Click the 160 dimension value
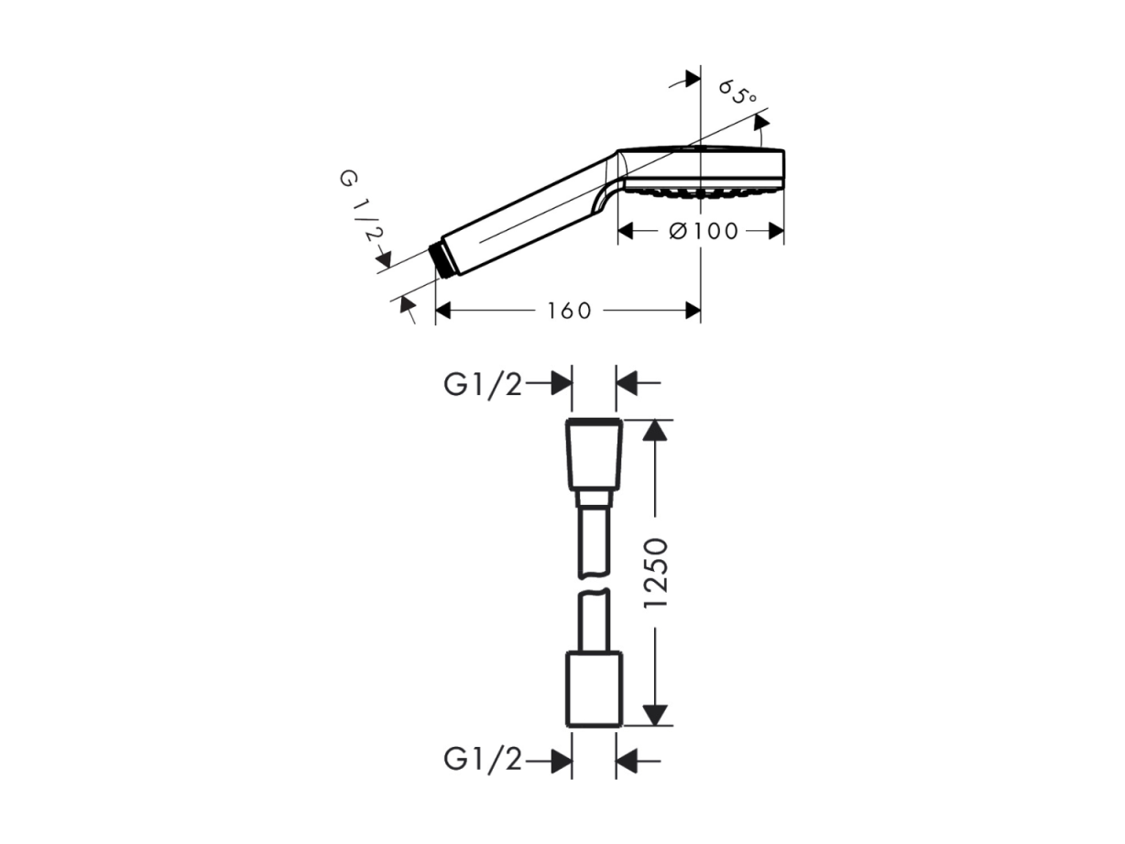(x=569, y=311)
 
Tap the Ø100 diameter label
(x=704, y=232)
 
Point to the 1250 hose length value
(x=656, y=573)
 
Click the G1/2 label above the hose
(x=482, y=385)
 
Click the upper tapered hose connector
(x=594, y=462)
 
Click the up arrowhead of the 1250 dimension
(x=655, y=431)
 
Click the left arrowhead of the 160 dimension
(x=443, y=311)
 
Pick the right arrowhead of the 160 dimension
(x=693, y=311)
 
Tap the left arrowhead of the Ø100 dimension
(x=626, y=232)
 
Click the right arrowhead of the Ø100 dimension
(x=776, y=232)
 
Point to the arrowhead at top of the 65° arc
(x=761, y=122)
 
